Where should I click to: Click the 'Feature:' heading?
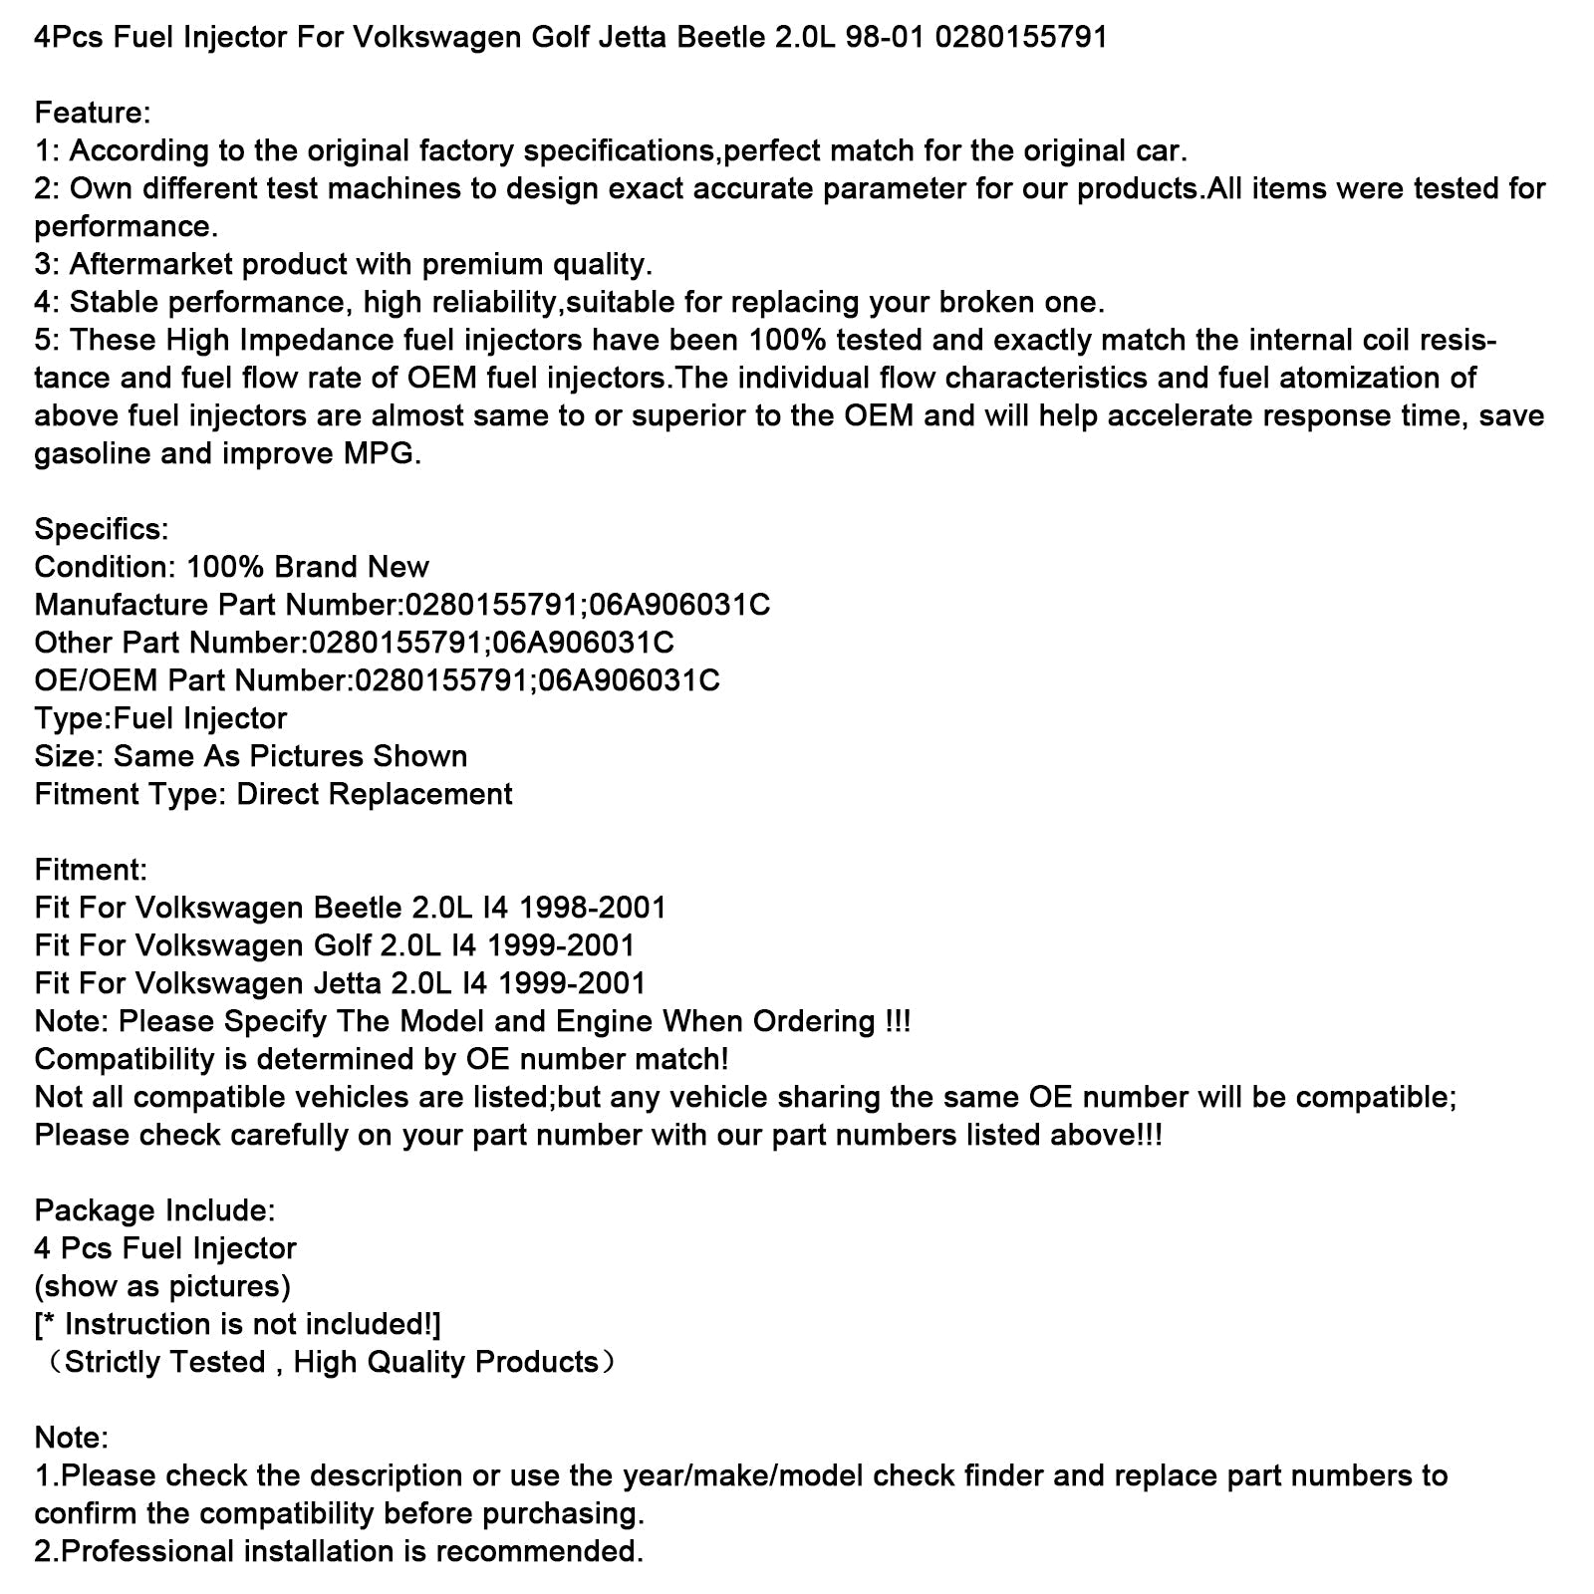pyautogui.click(x=92, y=113)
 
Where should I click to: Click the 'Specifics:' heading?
pyautogui.click(x=102, y=529)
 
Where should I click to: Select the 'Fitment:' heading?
pyautogui.click(x=91, y=870)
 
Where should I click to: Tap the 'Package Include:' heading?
pyautogui.click(x=154, y=1210)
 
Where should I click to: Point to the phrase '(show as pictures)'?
pyautogui.click(x=162, y=1286)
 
